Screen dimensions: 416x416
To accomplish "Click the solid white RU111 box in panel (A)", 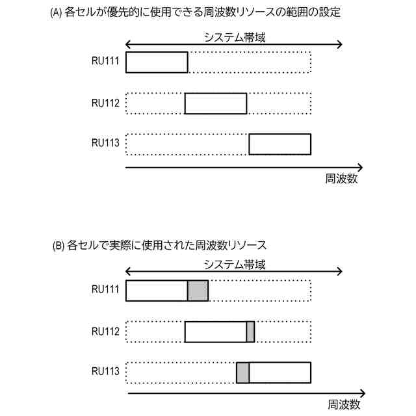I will (x=157, y=62).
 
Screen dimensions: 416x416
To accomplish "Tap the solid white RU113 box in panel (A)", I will (x=280, y=144).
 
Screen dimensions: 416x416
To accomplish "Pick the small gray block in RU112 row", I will (x=250, y=331).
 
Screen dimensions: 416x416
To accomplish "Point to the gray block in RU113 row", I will (x=242, y=372).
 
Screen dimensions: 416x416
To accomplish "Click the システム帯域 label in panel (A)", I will (x=235, y=38).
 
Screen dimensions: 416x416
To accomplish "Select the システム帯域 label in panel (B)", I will (x=235, y=265).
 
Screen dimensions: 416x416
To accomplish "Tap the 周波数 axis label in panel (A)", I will (x=342, y=178).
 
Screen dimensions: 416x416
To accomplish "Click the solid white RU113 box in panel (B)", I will (x=280, y=372).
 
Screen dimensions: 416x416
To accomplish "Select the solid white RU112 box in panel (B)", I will (x=216, y=331).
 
